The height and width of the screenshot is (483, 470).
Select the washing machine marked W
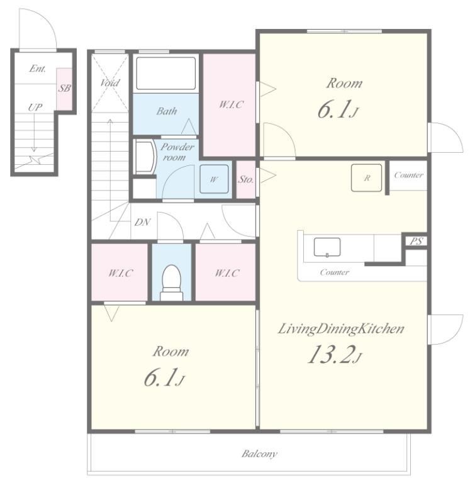point(214,179)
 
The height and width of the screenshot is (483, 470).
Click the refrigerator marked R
point(366,178)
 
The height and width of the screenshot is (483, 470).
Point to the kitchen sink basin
point(327,247)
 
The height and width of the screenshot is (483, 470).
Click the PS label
point(416,241)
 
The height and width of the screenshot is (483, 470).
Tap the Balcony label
point(259,453)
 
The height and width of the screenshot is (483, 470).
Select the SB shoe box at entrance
point(64,89)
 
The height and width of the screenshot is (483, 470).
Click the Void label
point(109,82)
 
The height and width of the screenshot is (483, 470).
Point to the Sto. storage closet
point(245,179)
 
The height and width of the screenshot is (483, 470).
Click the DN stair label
point(142,222)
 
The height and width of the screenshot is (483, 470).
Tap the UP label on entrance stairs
point(35,107)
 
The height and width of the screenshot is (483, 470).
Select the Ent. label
point(38,69)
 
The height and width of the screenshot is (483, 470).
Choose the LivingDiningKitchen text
point(341,329)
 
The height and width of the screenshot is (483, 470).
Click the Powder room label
point(177,152)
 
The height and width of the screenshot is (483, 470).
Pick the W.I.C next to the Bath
point(230,105)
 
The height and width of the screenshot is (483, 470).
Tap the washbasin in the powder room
point(146,157)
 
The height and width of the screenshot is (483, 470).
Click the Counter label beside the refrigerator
point(408,175)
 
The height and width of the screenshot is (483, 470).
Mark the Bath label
point(167,111)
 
